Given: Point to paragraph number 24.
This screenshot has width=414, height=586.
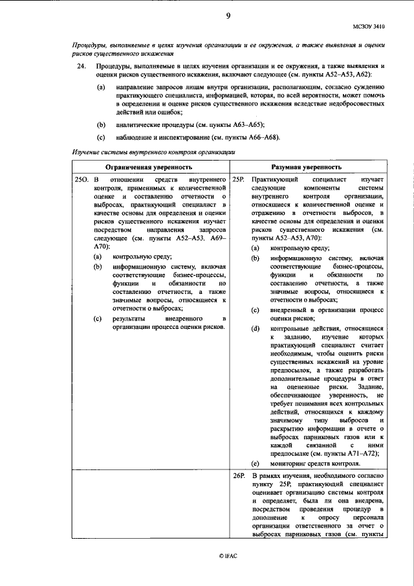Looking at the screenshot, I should [80, 67].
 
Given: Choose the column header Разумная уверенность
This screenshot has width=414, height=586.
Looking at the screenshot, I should [307, 166].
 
